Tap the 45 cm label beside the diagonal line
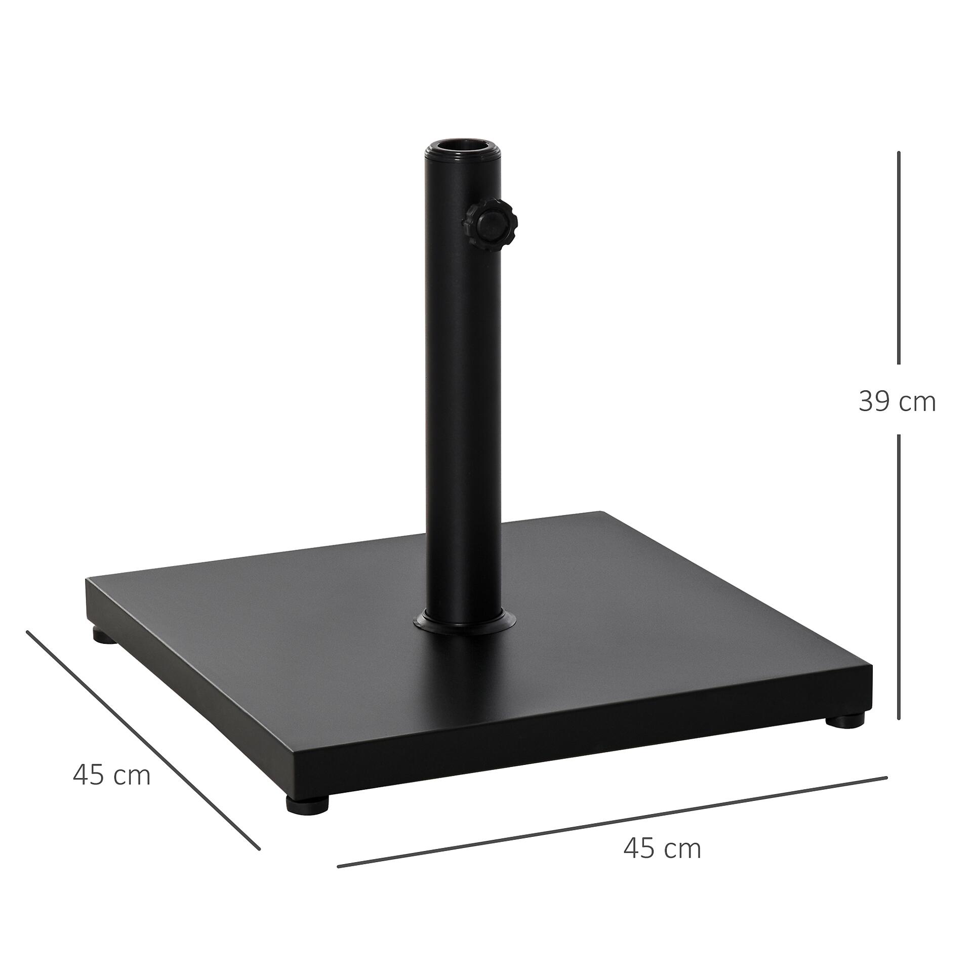[x=111, y=775]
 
